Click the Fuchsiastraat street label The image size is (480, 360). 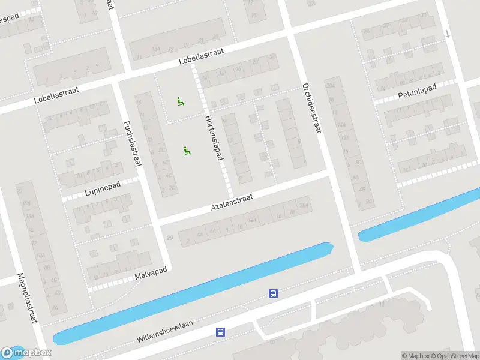point(133,145)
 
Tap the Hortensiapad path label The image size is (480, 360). point(214,137)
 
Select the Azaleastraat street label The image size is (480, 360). point(232,202)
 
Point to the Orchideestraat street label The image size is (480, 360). point(310,108)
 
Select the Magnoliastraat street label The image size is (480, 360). point(28,298)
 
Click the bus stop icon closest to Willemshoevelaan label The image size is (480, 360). point(221,331)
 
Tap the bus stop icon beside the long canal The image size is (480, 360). point(273,294)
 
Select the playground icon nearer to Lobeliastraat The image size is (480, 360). point(180,101)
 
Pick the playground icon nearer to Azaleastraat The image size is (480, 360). point(187,151)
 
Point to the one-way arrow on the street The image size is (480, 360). point(448,34)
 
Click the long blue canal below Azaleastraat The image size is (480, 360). point(192,294)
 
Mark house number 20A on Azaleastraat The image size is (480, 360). point(303,206)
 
